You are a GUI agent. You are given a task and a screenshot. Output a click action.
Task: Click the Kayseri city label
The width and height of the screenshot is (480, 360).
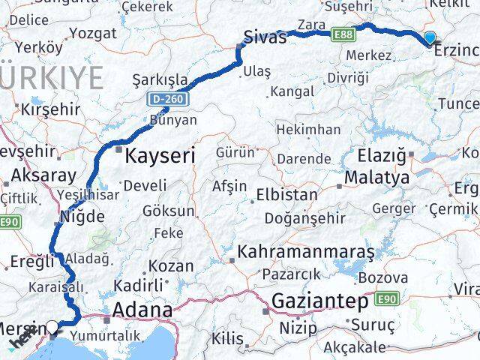pyautogui.click(x=160, y=156)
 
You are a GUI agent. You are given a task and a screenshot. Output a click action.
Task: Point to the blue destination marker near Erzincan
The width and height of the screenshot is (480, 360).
pyautogui.click(x=429, y=37)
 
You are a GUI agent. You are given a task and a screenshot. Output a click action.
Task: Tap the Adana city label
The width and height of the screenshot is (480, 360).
pyautogui.click(x=142, y=310)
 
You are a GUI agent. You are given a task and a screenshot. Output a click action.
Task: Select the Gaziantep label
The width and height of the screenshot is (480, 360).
pyautogui.click(x=321, y=302)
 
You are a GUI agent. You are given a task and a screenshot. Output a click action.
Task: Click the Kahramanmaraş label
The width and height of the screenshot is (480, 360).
pyautogui.click(x=306, y=252)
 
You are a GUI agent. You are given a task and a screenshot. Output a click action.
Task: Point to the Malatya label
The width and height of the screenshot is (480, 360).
pyautogui.click(x=376, y=178)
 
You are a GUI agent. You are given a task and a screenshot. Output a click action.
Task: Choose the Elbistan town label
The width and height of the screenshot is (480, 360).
pyautogui.click(x=286, y=194)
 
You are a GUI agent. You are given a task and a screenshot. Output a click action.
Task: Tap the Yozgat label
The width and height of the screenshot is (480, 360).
pyautogui.click(x=93, y=33)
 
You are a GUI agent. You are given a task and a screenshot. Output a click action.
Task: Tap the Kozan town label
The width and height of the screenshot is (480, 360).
pyautogui.click(x=171, y=265)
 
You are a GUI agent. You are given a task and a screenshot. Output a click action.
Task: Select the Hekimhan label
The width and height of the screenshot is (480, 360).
pyautogui.click(x=308, y=130)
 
